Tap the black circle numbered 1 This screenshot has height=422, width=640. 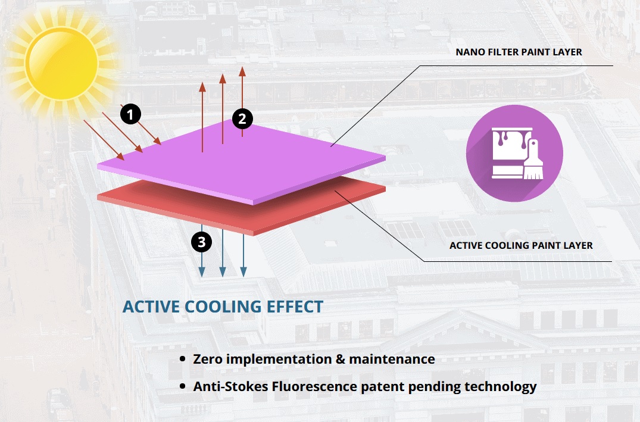click(130, 112)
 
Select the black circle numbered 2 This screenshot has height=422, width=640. click(242, 118)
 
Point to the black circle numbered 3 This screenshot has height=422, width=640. click(202, 242)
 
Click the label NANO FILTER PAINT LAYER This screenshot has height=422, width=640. click(519, 52)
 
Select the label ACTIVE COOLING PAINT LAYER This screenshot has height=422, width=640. click(521, 245)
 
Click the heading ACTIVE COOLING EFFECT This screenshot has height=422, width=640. click(223, 307)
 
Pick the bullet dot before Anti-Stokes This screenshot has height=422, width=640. click(182, 387)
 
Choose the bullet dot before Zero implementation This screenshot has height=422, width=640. click(182, 360)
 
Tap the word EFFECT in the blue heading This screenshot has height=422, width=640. click(295, 307)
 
